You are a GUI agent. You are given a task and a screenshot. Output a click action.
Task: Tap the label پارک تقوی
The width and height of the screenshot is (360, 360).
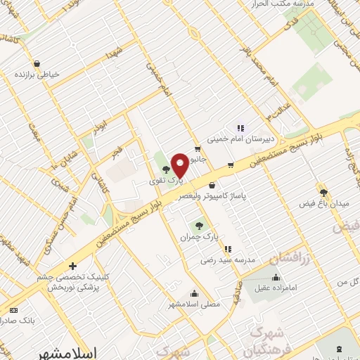(x=164, y=181)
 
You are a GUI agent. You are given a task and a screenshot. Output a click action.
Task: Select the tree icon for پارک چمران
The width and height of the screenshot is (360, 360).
(x=199, y=226)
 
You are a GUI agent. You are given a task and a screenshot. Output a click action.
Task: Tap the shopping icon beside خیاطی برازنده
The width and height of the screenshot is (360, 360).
(x=16, y=73)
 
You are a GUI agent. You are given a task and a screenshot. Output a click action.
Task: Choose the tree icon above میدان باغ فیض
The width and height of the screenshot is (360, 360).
(x=323, y=192)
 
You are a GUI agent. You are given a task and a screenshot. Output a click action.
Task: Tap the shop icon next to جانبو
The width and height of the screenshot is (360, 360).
(x=198, y=148)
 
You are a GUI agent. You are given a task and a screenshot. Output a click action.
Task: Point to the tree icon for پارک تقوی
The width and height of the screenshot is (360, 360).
(x=166, y=169)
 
